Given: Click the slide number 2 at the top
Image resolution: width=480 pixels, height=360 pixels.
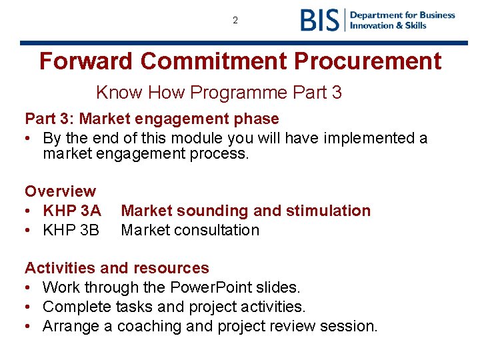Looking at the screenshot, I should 235,21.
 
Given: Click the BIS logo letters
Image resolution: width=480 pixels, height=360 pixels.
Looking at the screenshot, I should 320,20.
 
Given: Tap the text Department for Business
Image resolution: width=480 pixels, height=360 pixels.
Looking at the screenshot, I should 403,15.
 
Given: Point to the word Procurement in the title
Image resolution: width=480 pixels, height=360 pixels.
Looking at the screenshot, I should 367,61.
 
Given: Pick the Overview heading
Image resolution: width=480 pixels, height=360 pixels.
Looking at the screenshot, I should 60,191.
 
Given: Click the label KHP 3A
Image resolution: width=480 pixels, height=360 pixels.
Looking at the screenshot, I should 71,211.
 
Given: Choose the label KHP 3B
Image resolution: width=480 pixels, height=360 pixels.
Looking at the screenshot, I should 71,230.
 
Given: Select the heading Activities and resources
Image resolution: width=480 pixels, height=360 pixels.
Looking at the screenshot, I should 117,268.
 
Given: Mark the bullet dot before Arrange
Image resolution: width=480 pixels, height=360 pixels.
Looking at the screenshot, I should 29,326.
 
